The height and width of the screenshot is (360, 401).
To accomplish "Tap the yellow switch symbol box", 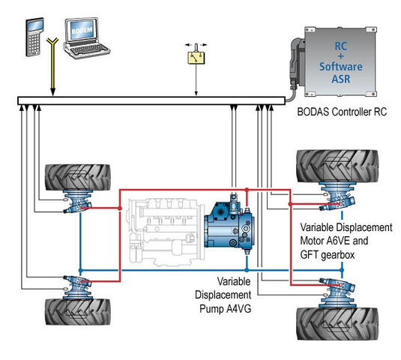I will [x=196, y=56].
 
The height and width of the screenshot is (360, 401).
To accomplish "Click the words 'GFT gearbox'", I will [x=328, y=255].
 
